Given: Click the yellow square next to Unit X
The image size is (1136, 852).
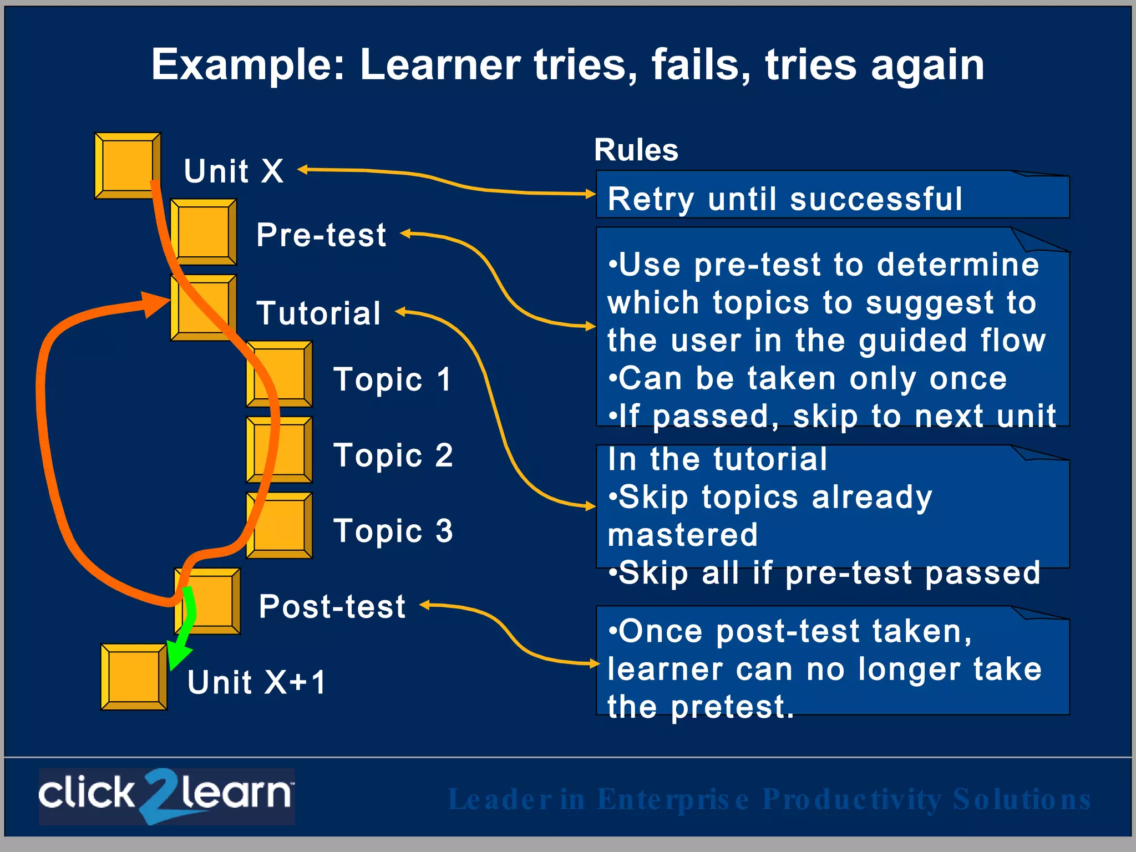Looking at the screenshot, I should click(127, 165).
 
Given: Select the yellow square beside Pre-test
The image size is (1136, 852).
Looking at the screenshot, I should click(203, 231).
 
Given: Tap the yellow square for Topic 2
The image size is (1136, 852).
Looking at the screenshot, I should click(279, 449).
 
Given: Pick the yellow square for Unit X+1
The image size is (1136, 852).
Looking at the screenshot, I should click(134, 677).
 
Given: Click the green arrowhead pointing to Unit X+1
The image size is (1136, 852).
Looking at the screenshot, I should click(177, 657).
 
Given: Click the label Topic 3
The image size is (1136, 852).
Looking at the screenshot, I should click(393, 531).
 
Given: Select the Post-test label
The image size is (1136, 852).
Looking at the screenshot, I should click(332, 606).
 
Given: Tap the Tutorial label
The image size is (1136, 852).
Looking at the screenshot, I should click(318, 313).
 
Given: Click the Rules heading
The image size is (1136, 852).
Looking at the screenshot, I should click(636, 150).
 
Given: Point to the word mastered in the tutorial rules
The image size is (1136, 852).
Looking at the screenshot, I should click(682, 535).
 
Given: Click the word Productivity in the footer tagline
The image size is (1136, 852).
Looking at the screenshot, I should click(852, 800).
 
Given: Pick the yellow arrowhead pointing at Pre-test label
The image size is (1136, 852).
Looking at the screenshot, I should click(405, 234).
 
